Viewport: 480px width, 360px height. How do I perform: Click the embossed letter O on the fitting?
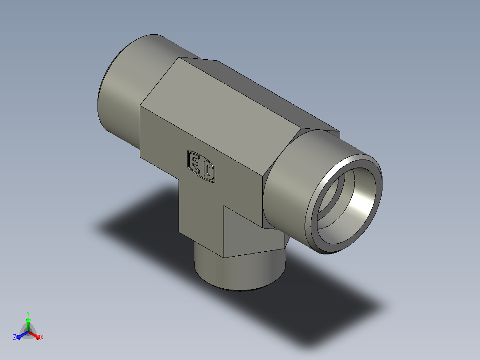pyautogui.click(x=208, y=171)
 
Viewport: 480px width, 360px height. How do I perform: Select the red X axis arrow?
pyautogui.click(x=34, y=335)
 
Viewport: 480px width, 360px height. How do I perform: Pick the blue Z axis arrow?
pyautogui.click(x=22, y=335)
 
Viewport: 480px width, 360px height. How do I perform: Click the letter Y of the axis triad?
pyautogui.click(x=28, y=313)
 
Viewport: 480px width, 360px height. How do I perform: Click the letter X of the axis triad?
pyautogui.click(x=42, y=337)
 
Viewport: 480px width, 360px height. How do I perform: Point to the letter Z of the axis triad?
pyautogui.click(x=15, y=337)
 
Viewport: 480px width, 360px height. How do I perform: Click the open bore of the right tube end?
pyautogui.click(x=346, y=205)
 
